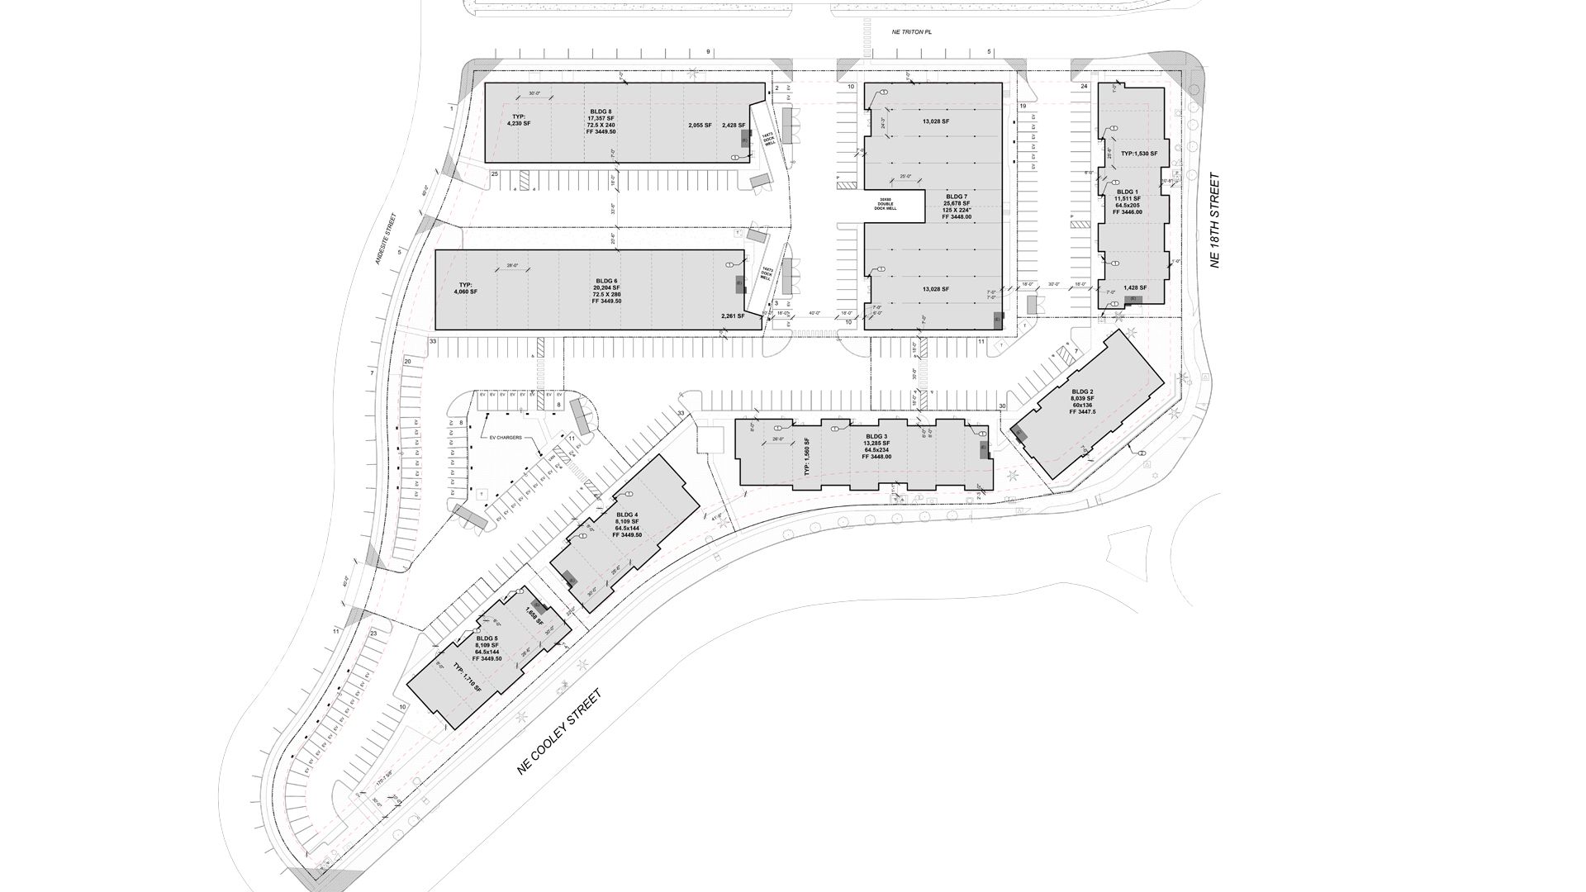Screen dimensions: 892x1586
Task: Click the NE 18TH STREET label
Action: point(1214,220)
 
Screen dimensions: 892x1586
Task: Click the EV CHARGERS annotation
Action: point(506,438)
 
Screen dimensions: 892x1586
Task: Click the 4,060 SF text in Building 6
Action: point(466,291)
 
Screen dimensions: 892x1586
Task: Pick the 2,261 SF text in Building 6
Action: point(733,316)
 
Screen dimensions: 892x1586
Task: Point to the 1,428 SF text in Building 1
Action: point(1134,288)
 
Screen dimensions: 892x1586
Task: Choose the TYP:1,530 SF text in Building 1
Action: point(1139,154)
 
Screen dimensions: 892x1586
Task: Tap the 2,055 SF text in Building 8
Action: point(700,126)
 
